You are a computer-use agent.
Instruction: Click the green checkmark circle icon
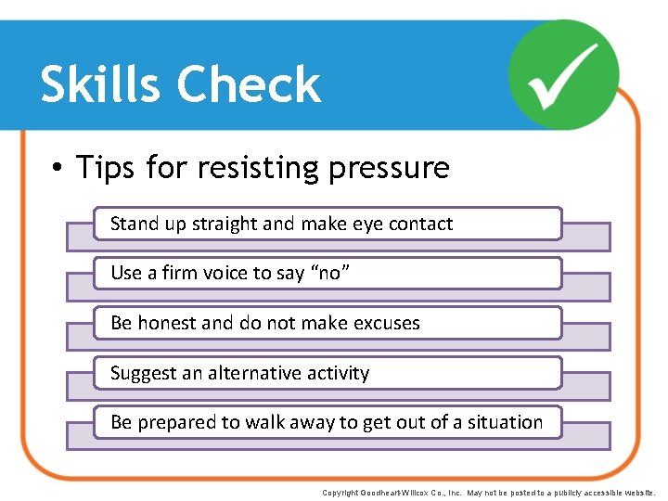coord(565,74)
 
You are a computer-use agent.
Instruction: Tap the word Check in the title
coord(248,85)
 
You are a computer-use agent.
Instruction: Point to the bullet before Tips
coord(58,168)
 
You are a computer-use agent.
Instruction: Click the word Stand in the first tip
coord(135,224)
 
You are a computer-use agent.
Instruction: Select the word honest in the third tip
coord(166,323)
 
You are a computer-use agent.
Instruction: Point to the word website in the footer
coord(639,493)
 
